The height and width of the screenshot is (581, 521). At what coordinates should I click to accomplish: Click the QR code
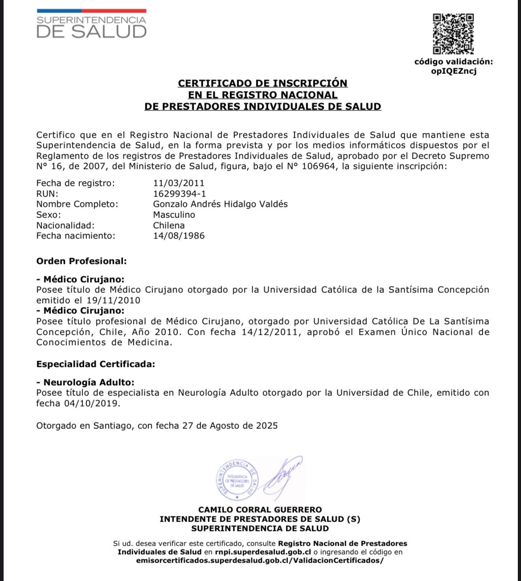pos(453,34)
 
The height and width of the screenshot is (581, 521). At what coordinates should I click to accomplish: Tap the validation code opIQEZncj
pos(454,71)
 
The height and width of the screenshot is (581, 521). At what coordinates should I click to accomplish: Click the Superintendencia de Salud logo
pos(91,25)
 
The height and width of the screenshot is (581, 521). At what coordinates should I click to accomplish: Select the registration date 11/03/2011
pos(179,183)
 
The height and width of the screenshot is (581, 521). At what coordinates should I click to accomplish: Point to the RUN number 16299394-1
pos(180,194)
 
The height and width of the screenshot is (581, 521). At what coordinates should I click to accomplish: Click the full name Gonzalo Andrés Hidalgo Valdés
pos(220,204)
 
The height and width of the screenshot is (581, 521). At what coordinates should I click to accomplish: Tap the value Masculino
pos(174,215)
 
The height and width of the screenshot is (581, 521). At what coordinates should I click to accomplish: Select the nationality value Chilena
pos(168,226)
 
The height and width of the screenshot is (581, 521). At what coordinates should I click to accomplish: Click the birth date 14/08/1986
pos(179,236)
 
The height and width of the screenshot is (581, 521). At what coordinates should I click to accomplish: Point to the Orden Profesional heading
pos(82,261)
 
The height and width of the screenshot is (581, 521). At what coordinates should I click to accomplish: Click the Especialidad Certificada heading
pos(95,364)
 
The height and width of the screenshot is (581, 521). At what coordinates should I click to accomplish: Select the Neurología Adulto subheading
pos(88,382)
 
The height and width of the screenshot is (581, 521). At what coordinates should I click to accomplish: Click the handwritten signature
pos(283,476)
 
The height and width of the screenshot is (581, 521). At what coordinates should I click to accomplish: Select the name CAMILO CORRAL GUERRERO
pos(260,510)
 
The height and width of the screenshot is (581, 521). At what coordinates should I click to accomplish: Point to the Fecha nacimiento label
pos(75,236)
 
